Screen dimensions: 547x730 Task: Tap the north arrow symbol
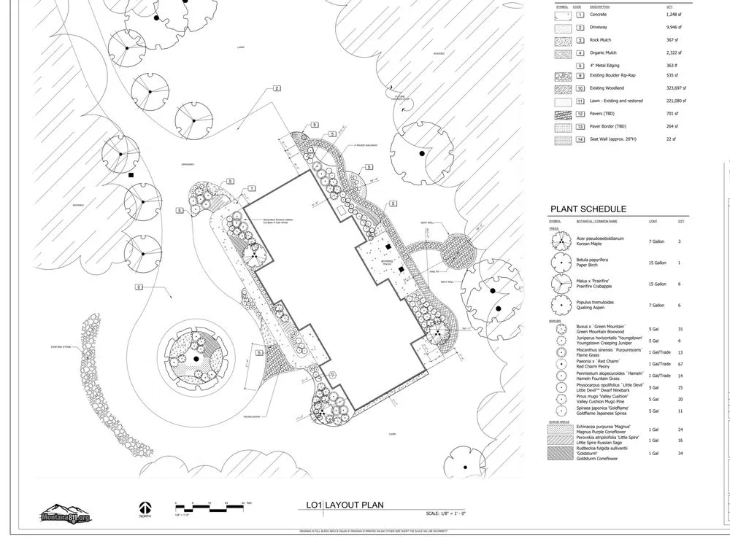pyautogui.click(x=145, y=508)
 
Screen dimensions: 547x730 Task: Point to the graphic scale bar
pyautogui.click(x=211, y=505)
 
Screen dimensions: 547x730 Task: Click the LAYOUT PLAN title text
pyautogui.click(x=354, y=505)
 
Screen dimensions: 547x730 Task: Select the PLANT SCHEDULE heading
pyautogui.click(x=588, y=209)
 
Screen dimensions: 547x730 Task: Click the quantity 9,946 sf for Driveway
pyautogui.click(x=675, y=27)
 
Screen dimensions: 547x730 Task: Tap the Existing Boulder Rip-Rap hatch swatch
pyautogui.click(x=561, y=75)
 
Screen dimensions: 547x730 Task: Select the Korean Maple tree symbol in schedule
pyautogui.click(x=561, y=241)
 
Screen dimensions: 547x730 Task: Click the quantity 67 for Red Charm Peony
pyautogui.click(x=680, y=362)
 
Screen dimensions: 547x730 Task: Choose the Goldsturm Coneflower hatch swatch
pyautogui.click(x=561, y=454)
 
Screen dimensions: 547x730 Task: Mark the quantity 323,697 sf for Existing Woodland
pyautogui.click(x=677, y=88)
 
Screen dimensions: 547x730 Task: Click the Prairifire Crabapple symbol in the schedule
pyautogui.click(x=561, y=284)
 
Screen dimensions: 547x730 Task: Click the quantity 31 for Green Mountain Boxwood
pyautogui.click(x=680, y=330)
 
